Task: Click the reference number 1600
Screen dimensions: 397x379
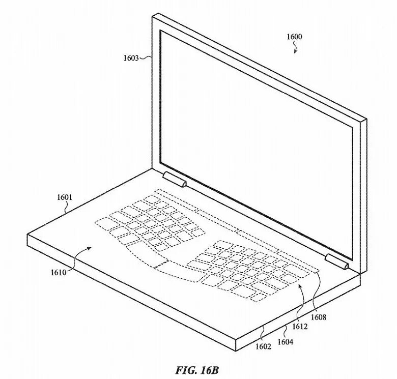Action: click(x=294, y=37)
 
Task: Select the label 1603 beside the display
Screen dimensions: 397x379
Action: click(x=131, y=59)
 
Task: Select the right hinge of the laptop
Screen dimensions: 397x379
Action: click(x=337, y=262)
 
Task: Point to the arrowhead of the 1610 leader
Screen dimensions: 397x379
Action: click(x=90, y=247)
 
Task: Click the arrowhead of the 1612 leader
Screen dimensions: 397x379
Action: click(x=300, y=287)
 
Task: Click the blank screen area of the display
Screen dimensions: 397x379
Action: click(x=254, y=127)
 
